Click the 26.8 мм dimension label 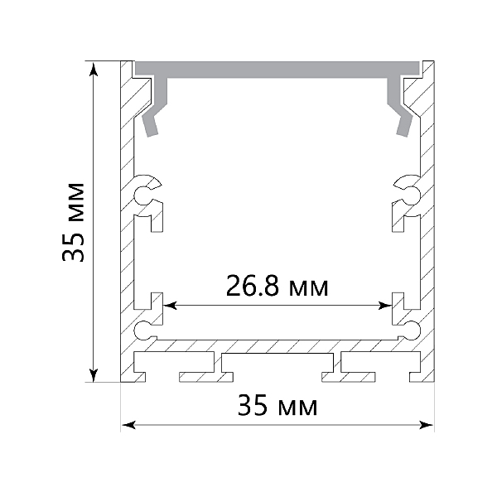click(x=277, y=286)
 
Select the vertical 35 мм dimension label click(x=73, y=222)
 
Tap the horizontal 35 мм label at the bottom click(x=277, y=404)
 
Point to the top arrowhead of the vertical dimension click(x=93, y=70)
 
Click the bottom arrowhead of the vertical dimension click(x=93, y=374)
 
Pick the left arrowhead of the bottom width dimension click(x=128, y=425)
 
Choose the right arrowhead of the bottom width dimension click(x=426, y=425)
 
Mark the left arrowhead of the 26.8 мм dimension click(x=170, y=306)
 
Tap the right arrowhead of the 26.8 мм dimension click(x=385, y=306)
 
